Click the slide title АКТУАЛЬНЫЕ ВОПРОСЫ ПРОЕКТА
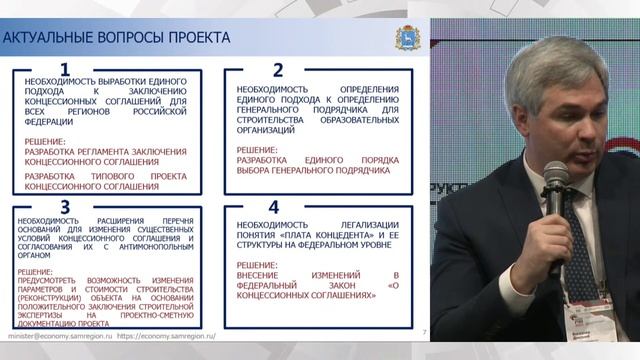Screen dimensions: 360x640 tap(117, 38)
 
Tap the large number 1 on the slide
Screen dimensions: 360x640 tap(66, 69)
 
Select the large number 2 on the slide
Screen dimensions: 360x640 tap(278, 69)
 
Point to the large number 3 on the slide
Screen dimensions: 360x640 tap(64, 208)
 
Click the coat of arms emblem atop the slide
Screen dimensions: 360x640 tap(403, 35)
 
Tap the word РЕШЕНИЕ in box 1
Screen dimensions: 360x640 tap(48, 141)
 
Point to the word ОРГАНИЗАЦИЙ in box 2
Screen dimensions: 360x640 tap(266, 130)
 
